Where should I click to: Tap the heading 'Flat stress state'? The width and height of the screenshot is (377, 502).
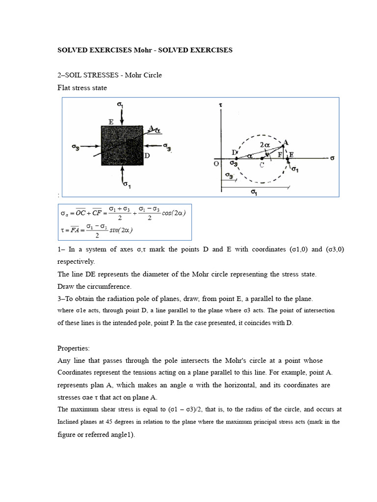click(x=82, y=88)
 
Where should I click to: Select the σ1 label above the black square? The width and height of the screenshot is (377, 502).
click(x=120, y=104)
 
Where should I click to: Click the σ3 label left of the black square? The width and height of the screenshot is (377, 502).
click(x=76, y=146)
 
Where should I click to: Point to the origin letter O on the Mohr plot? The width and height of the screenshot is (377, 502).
click(x=215, y=164)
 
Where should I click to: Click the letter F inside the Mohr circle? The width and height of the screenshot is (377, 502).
click(x=280, y=155)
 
